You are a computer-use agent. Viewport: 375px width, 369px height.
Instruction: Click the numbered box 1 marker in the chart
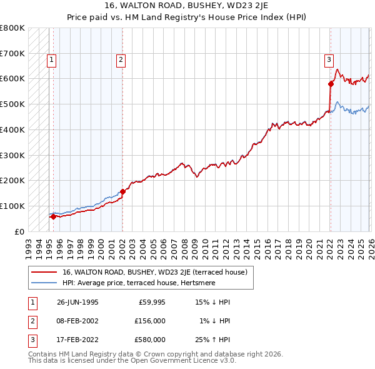click(51, 60)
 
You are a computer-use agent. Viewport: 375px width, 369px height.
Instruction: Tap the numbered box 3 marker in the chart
click(328, 60)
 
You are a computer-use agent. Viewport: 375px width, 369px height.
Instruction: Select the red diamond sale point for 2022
click(331, 83)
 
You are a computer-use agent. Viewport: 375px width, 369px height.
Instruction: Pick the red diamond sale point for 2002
click(122, 191)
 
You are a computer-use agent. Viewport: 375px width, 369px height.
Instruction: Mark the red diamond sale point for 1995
click(53, 216)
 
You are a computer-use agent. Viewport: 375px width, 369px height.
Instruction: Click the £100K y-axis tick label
click(12, 206)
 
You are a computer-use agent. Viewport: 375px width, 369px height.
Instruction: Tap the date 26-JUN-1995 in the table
click(77, 302)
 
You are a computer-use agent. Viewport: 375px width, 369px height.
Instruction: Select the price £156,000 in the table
click(150, 321)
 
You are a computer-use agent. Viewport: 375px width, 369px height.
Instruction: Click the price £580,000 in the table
click(150, 340)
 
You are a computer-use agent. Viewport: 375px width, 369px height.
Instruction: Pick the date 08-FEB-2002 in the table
click(77, 321)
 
